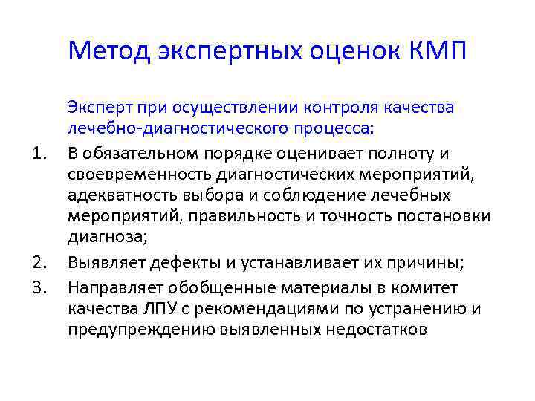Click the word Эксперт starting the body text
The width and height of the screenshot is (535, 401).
[x=97, y=108]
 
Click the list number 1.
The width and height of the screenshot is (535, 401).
[x=42, y=153]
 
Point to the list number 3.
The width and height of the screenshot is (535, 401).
[x=42, y=287]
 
